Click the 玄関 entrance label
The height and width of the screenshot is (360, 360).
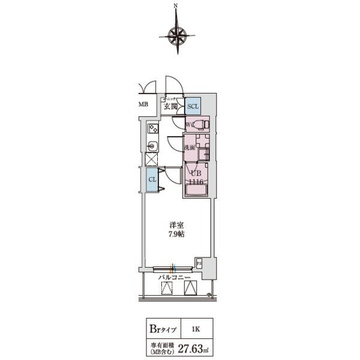pyautogui.click(x=170, y=107)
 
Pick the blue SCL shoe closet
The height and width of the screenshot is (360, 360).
pyautogui.click(x=193, y=106)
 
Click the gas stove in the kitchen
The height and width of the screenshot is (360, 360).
pyautogui.click(x=152, y=128)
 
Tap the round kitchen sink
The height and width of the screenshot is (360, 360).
pyautogui.click(x=152, y=145)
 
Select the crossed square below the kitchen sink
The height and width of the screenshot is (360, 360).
pyautogui.click(x=152, y=159)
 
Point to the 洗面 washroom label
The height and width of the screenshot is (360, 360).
pyautogui.click(x=188, y=148)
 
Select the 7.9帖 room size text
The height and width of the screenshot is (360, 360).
pyautogui.click(x=176, y=233)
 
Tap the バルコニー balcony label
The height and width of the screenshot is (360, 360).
pyautogui.click(x=174, y=278)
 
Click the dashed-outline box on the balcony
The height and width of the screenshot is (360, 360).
pyautogui.click(x=167, y=288)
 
